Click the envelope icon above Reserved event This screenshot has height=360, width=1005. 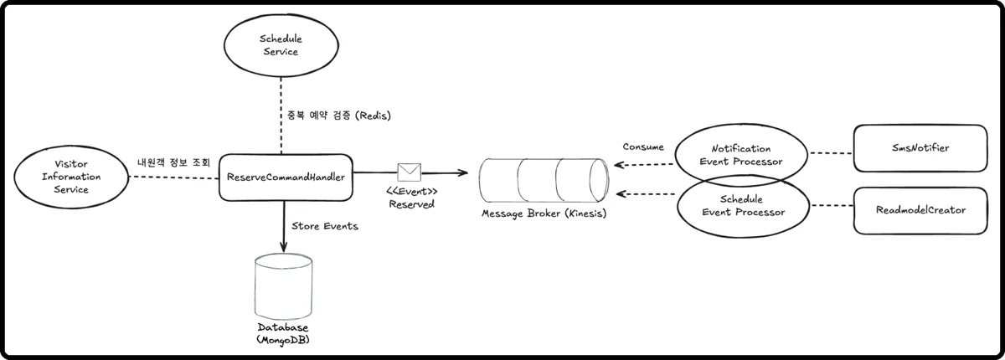410,172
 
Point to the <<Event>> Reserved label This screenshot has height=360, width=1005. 411,198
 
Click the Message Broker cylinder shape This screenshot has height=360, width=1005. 544,177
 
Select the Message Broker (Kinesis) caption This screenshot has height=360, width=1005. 544,213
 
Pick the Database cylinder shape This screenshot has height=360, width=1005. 282,285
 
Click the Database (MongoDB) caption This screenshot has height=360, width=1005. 282,333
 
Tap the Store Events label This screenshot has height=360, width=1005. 326,225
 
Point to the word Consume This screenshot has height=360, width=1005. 643,147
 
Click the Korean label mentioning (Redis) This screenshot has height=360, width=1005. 334,114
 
